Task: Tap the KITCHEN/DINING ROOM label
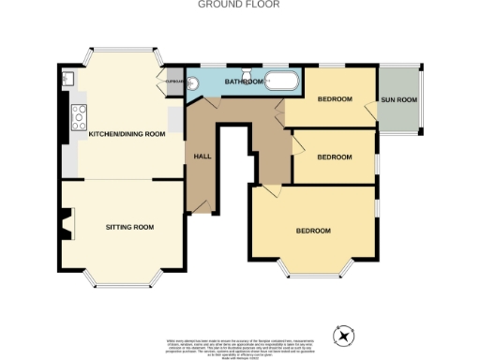point(127,134)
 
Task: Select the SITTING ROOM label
point(129,227)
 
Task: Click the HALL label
point(202,156)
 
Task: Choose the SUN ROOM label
point(397,99)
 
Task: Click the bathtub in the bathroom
point(280,81)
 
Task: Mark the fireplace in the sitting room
point(65,225)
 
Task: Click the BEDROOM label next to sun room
point(334,99)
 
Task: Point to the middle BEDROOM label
point(334,157)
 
